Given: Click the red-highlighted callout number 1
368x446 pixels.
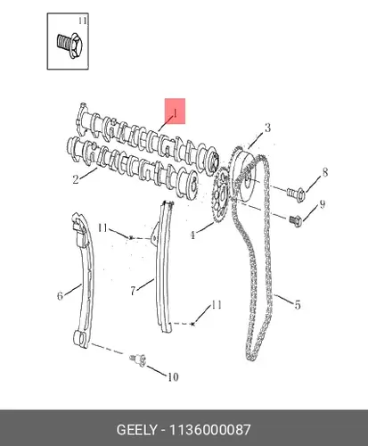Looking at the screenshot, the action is coord(176,113).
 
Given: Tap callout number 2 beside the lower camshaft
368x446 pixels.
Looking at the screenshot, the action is coord(76,179).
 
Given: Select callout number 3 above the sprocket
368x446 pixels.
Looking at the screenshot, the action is coord(267,128).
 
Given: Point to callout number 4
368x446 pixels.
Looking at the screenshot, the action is coord(192,235).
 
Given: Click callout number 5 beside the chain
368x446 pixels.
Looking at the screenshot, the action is coord(298,305).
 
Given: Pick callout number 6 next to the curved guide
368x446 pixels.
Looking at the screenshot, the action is coord(60,296).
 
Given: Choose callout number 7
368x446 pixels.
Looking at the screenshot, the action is coord(133,291).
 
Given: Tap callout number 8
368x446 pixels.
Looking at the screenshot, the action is coord(325,172).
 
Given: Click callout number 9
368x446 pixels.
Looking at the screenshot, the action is coord(323,204).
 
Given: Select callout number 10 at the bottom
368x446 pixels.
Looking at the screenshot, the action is coord(173,377).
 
